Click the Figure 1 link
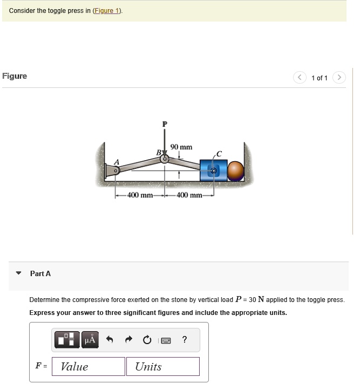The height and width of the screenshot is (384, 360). click(108, 11)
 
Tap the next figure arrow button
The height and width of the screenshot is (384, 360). click(339, 78)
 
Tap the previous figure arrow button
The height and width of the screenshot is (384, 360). click(300, 78)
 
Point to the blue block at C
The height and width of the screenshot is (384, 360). click(210, 170)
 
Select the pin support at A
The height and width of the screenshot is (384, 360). click(114, 172)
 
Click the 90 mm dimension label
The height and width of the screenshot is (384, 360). click(181, 147)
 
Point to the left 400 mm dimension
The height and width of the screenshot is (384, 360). click(140, 195)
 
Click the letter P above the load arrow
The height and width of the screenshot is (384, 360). click(165, 125)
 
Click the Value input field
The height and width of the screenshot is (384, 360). click(89, 367)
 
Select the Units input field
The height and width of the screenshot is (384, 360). click(163, 367)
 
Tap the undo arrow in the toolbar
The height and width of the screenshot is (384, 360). click(110, 340)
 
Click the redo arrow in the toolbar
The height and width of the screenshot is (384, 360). click(128, 340)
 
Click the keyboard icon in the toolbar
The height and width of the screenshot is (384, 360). click(166, 340)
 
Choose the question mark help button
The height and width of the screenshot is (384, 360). click(185, 339)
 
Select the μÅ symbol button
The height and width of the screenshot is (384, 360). click(90, 340)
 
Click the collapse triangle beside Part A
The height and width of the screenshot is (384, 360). click(19, 273)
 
